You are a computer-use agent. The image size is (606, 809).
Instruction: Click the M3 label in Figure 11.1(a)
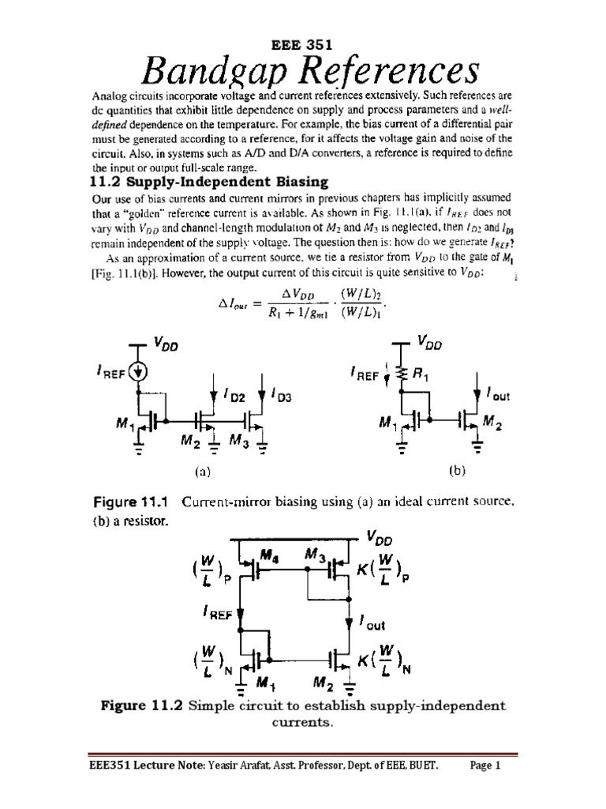pos(239,440)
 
